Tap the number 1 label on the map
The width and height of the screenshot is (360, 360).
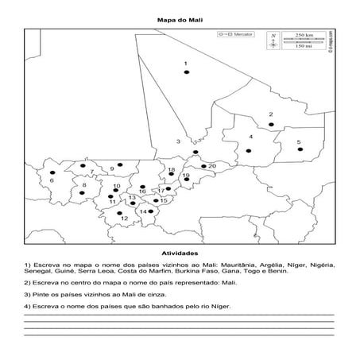pyautogui.click(x=185, y=63)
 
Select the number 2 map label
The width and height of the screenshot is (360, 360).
pyautogui.click(x=271, y=114)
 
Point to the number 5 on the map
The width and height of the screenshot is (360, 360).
pyautogui.click(x=299, y=142)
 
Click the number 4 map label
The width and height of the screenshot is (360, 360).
pyautogui.click(x=251, y=137)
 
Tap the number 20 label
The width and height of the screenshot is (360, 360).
pyautogui.click(x=212, y=166)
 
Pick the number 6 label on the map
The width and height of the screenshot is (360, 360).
pyautogui.click(x=51, y=180)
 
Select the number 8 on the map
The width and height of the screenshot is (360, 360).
pyautogui.click(x=84, y=185)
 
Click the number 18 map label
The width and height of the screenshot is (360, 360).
pyautogui.click(x=172, y=171)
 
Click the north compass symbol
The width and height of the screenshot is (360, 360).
pyautogui.click(x=273, y=41)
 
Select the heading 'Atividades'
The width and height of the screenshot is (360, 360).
pyautogui.click(x=180, y=250)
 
